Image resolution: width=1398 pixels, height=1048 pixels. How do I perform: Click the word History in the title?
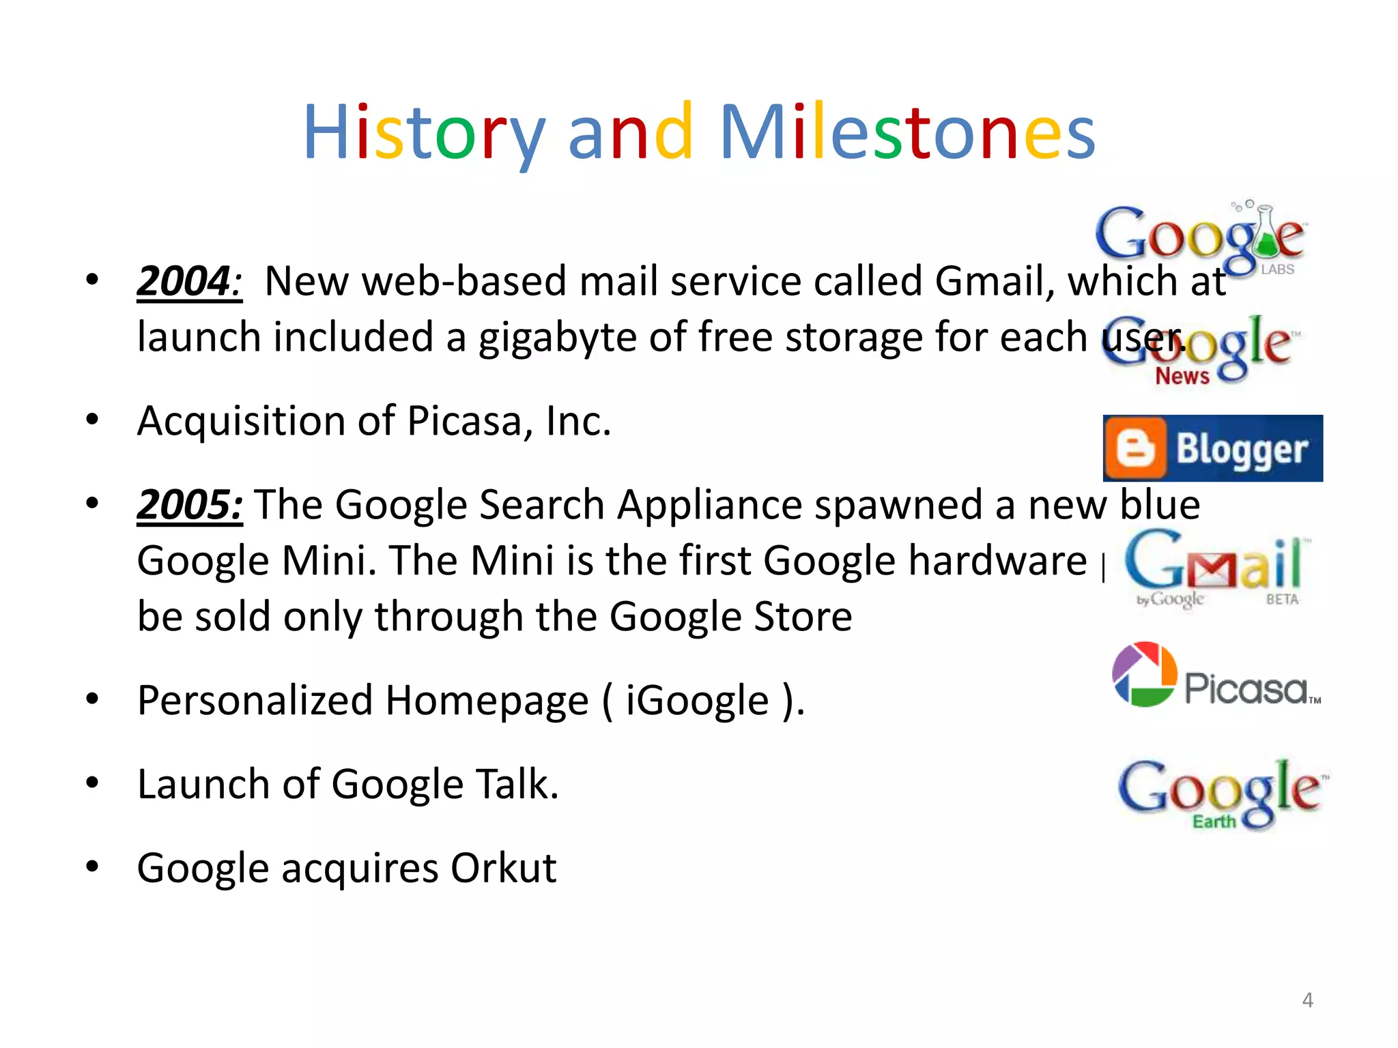pos(423,133)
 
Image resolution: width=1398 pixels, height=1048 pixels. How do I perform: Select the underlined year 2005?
pos(189,505)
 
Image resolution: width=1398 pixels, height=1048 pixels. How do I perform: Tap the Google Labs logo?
pos(1200,237)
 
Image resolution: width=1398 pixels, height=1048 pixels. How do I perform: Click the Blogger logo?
pos(1212,448)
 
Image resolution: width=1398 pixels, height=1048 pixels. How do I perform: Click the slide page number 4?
pos(1307,1000)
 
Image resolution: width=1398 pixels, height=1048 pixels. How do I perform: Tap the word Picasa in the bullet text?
pos(470,421)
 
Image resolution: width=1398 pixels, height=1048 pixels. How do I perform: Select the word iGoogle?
pos(697,701)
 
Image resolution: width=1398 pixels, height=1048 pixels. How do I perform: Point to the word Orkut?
pos(503,868)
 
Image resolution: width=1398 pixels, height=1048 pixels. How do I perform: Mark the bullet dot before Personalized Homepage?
pos(92,699)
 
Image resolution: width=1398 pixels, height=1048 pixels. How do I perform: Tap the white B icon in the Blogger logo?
pos(1135,448)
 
